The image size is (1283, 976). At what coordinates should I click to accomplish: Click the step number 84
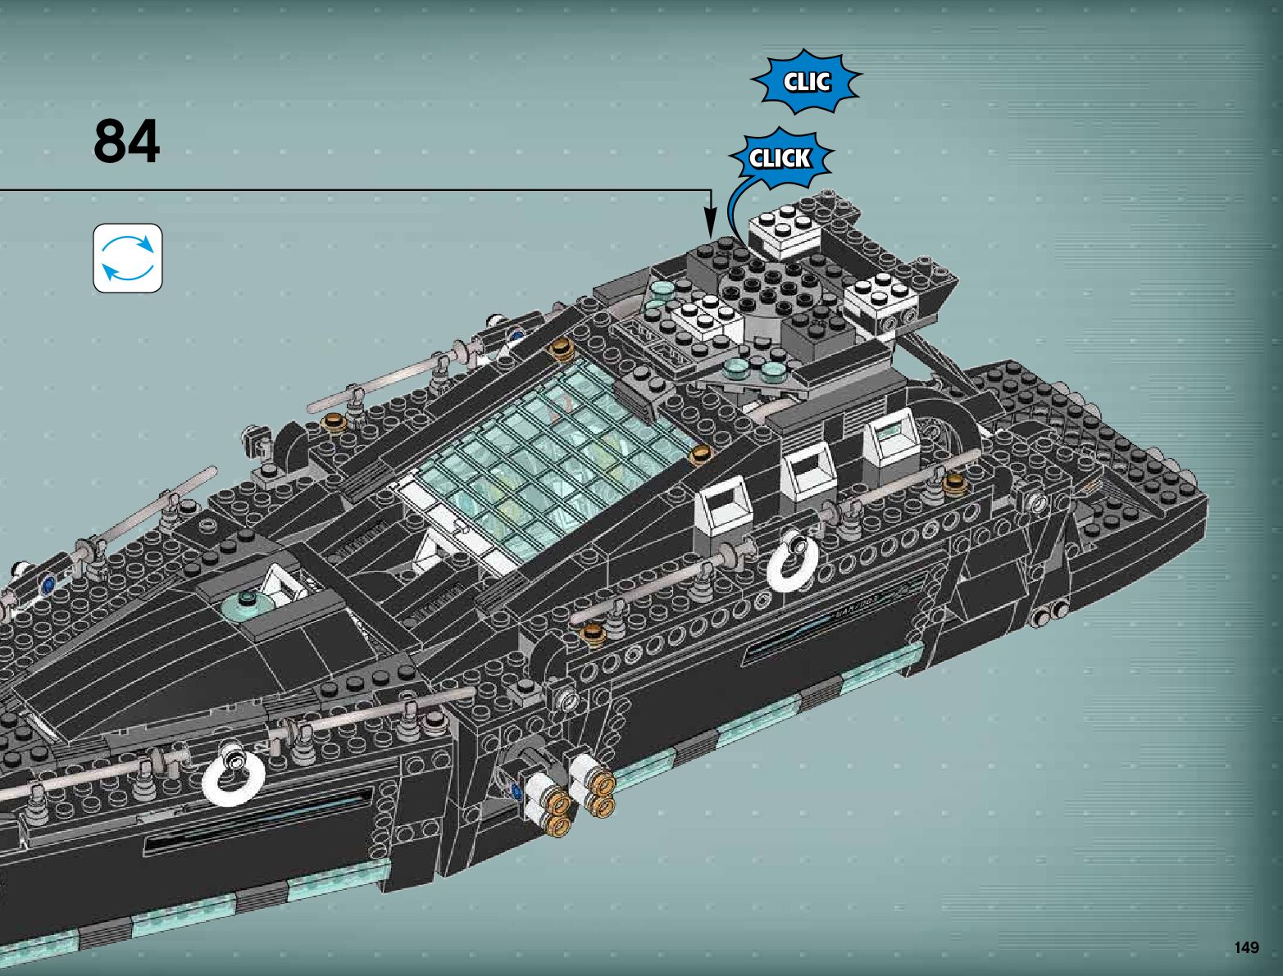[126, 142]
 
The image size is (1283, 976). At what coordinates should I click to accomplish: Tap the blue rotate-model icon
[128, 257]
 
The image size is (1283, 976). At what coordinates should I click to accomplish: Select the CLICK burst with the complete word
[780, 158]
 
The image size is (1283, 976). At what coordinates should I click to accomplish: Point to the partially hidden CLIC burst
[806, 82]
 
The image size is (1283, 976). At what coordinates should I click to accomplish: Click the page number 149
[1245, 947]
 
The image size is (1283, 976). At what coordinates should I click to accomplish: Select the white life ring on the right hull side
[792, 561]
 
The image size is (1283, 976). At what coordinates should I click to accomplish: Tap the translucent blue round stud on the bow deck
[249, 605]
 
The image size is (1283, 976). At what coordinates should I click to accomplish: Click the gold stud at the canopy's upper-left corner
[562, 347]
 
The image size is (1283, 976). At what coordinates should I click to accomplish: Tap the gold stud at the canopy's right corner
[699, 453]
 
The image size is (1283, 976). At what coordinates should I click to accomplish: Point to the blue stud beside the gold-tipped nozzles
[516, 791]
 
